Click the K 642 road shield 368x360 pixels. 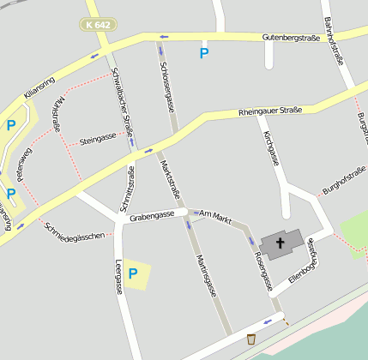point(99,25)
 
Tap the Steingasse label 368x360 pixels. point(97,138)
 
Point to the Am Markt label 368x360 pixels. point(215,219)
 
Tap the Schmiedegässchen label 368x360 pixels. point(77,231)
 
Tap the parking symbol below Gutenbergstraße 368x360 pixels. point(204,53)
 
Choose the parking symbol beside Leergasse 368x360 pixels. point(133,273)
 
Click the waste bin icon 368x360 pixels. point(250,339)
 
